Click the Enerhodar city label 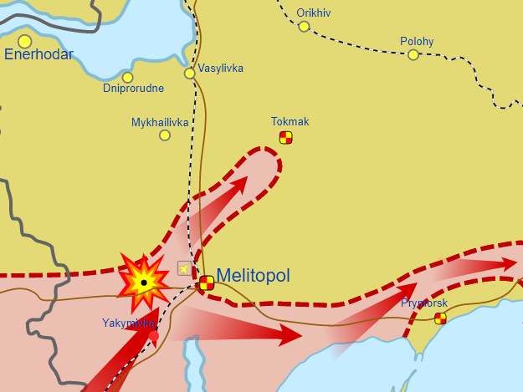[x=38, y=55]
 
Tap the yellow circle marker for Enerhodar [x=25, y=41]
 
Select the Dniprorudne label [x=133, y=89]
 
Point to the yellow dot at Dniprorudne [x=128, y=78]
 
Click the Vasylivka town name [x=220, y=68]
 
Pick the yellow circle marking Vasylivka [x=190, y=74]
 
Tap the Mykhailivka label [x=160, y=122]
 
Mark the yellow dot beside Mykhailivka [x=165, y=135]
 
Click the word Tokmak [x=290, y=122]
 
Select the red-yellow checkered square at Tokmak [x=286, y=137]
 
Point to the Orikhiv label [x=315, y=13]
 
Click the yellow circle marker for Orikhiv [x=304, y=27]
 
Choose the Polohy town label [x=417, y=41]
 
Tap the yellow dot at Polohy [x=413, y=55]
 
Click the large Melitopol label [x=254, y=275]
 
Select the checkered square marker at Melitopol [x=207, y=283]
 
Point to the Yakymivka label [x=129, y=323]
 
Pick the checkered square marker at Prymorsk [x=440, y=318]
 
